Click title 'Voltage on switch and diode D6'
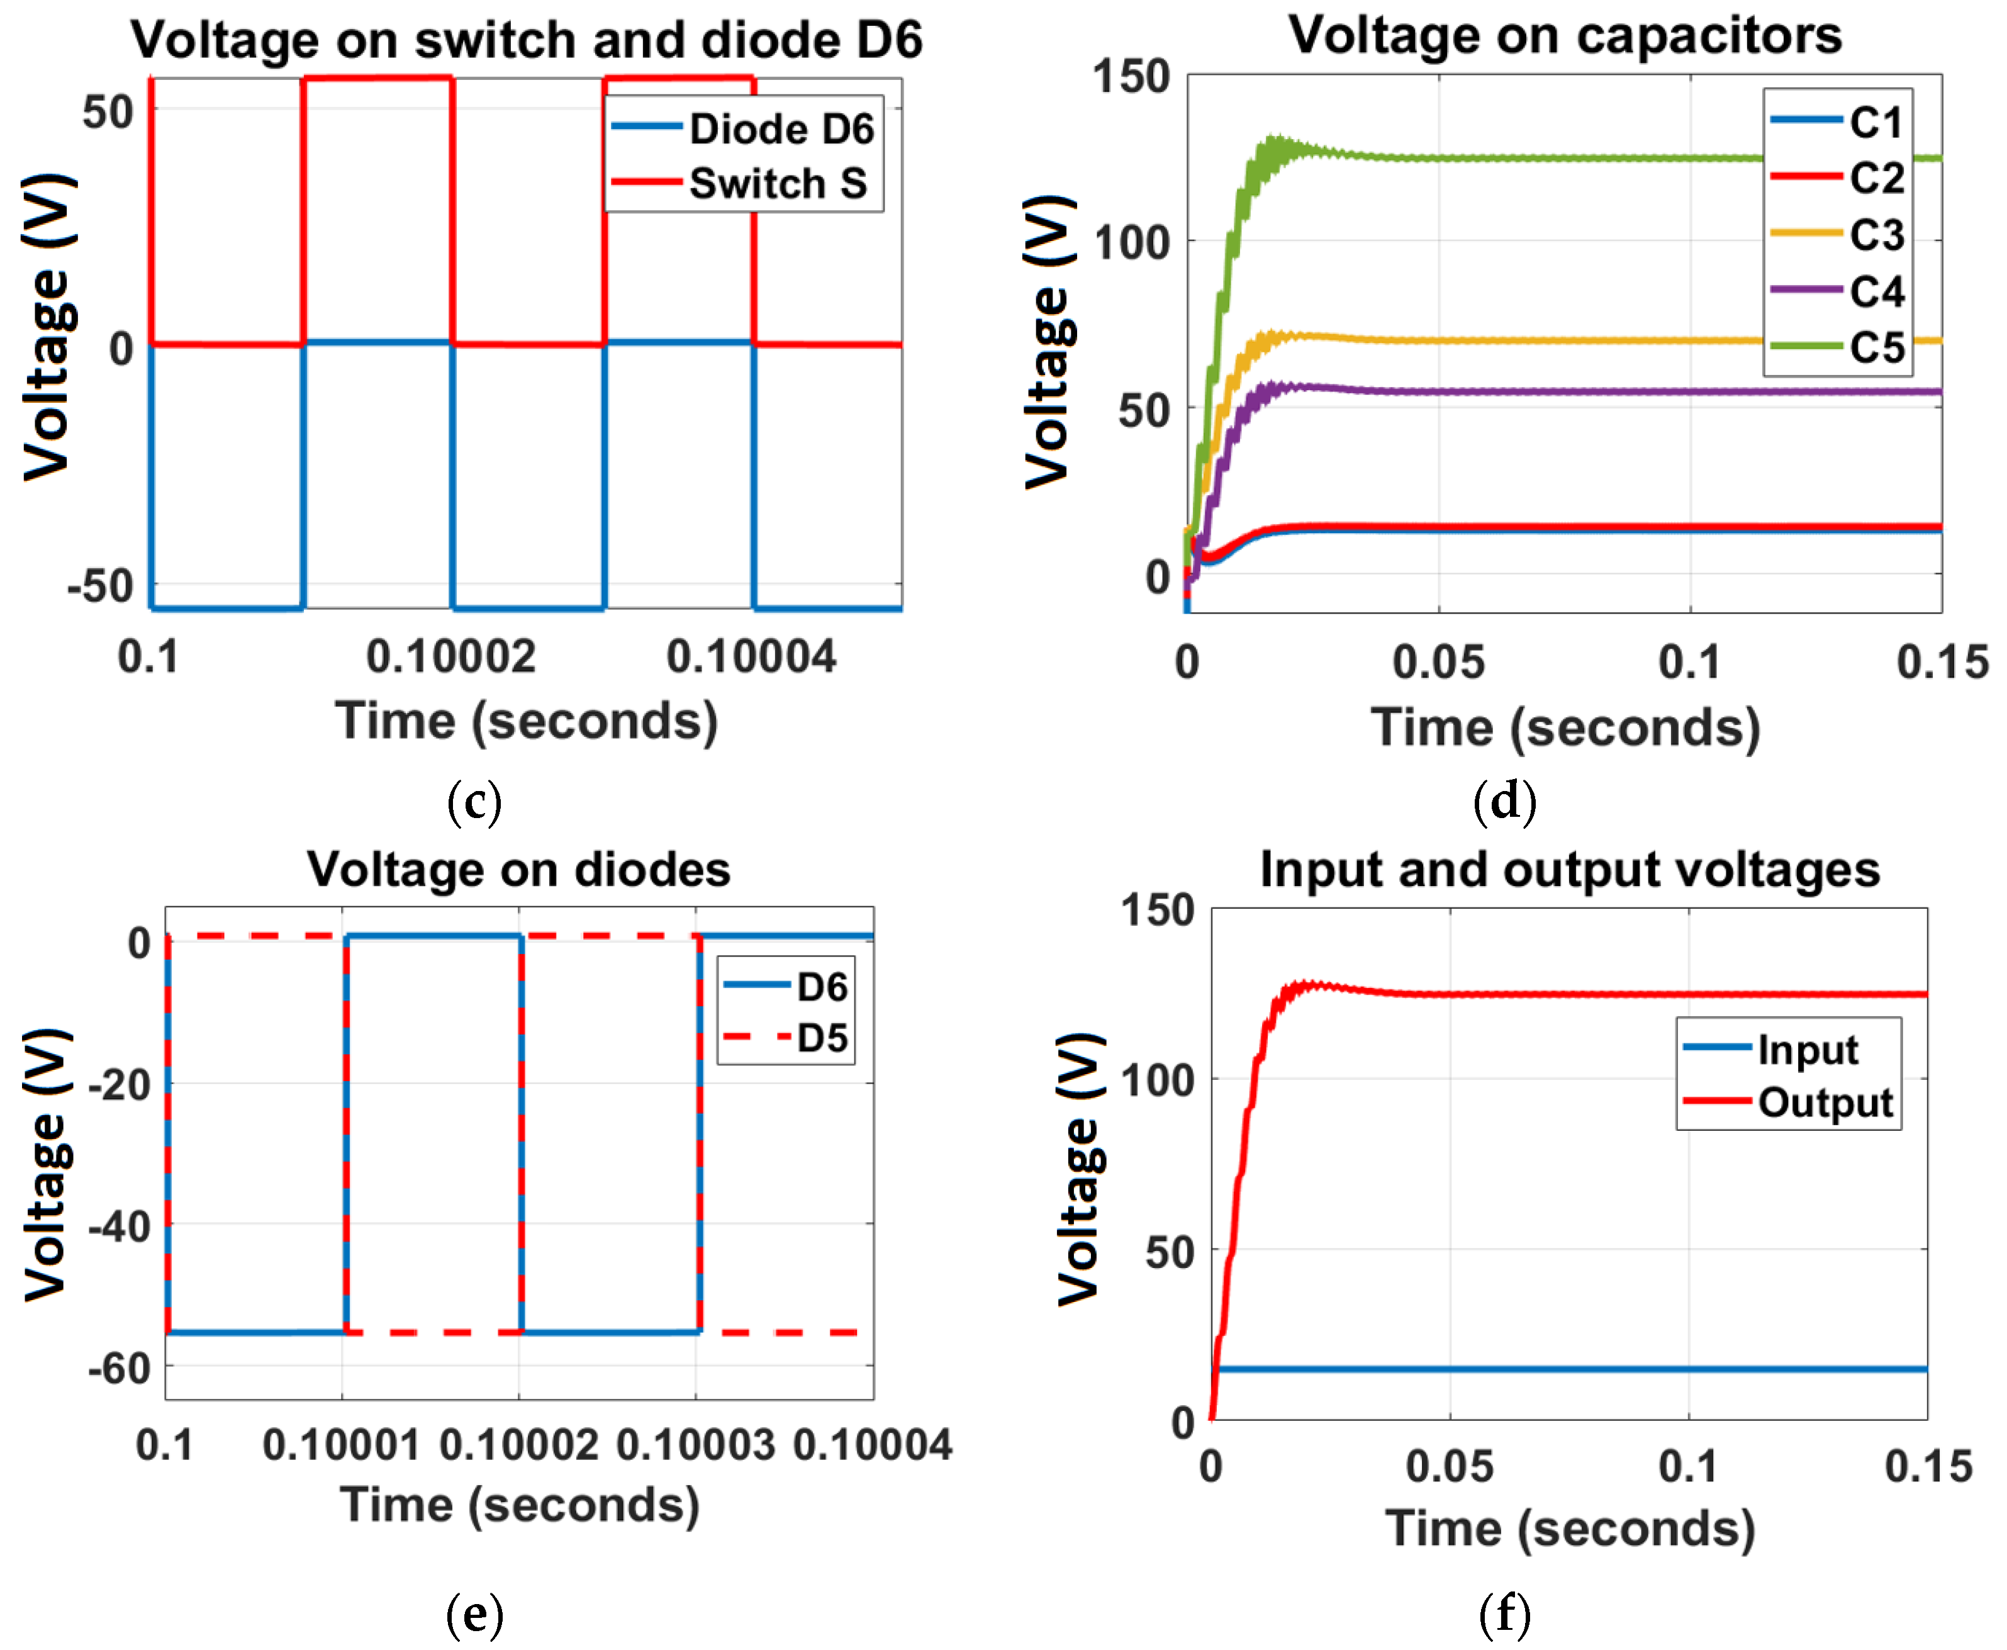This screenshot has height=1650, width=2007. coord(527,40)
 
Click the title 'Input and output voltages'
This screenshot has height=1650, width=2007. coord(1569,868)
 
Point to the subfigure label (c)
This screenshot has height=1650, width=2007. coord(473,800)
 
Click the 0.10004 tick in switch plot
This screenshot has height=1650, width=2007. coord(751,657)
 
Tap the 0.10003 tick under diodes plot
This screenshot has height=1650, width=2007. coord(696,1445)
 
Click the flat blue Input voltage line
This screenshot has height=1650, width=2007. coord(1568,1369)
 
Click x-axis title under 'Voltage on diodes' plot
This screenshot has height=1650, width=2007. coord(520,1505)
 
